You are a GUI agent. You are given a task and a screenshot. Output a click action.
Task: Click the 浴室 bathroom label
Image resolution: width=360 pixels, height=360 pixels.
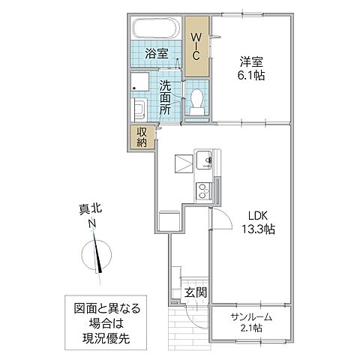(156, 54)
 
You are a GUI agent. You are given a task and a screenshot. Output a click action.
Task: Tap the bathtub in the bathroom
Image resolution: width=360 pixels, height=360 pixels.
(154, 31)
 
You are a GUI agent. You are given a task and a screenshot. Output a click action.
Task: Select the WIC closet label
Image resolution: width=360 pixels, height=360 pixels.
(195, 46)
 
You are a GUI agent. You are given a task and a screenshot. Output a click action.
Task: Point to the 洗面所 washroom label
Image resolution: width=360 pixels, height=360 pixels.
(166, 96)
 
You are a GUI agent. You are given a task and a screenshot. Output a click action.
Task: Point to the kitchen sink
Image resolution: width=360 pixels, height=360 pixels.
(203, 160)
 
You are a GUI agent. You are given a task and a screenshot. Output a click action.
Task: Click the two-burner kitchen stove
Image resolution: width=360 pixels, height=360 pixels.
(202, 189)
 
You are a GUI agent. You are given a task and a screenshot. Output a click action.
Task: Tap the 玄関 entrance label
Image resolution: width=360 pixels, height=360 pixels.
(196, 292)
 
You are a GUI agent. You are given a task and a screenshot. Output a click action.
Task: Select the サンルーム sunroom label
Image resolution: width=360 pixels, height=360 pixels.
(249, 316)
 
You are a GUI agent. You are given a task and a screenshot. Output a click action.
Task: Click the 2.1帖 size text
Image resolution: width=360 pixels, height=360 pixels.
(250, 328)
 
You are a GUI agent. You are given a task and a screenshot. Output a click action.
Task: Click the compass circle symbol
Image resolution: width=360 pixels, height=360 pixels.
(95, 253)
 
